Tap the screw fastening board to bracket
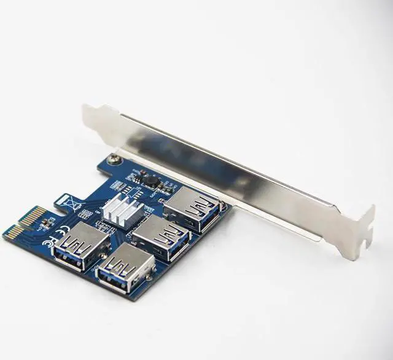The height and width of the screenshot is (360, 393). coord(114,160)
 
